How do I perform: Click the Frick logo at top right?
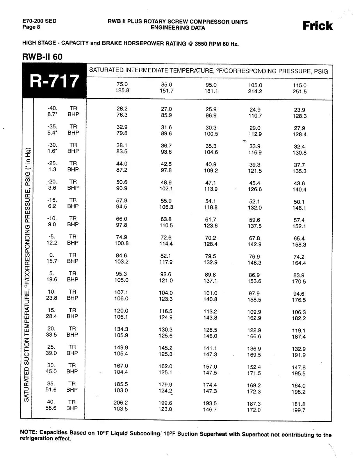pos(317,26)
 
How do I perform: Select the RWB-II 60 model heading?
pos(43,56)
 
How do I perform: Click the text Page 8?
pos(31,27)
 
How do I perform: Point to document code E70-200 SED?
pos(39,21)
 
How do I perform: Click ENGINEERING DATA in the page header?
pos(178,28)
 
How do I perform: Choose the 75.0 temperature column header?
pos(122,84)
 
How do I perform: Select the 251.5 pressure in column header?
pos(299,92)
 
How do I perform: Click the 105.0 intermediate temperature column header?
pos(255,85)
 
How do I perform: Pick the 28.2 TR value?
pos(122,109)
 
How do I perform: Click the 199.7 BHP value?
pos(299,410)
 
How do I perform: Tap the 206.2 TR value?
pos(121,402)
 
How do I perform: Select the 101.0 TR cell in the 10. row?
pos(210,293)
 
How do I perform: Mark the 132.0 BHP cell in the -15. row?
pos(255,208)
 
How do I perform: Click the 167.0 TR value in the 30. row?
pos(121,366)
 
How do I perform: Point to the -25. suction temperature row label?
pos(52,163)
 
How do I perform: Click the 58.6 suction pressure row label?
pos(52,408)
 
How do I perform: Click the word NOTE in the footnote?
pos(28,433)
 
